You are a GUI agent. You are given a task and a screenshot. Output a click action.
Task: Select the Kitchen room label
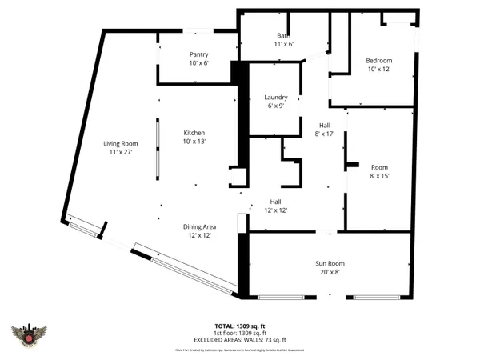click(x=194, y=133)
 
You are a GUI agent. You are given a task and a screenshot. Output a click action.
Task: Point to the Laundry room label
click(x=275, y=98)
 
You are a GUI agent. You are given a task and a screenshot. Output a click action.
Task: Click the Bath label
click(x=283, y=36)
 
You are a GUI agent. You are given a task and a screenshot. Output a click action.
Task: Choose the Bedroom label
click(x=378, y=61)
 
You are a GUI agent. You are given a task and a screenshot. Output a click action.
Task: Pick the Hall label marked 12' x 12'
click(x=275, y=202)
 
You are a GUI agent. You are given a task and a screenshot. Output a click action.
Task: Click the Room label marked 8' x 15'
click(x=378, y=166)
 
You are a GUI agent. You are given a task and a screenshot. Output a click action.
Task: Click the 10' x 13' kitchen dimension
click(x=194, y=142)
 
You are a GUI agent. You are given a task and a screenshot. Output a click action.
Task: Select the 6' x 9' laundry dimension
click(x=275, y=106)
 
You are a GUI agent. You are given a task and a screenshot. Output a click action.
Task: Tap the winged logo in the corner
click(x=30, y=337)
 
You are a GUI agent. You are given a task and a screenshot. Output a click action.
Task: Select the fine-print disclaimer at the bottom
click(x=239, y=350)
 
